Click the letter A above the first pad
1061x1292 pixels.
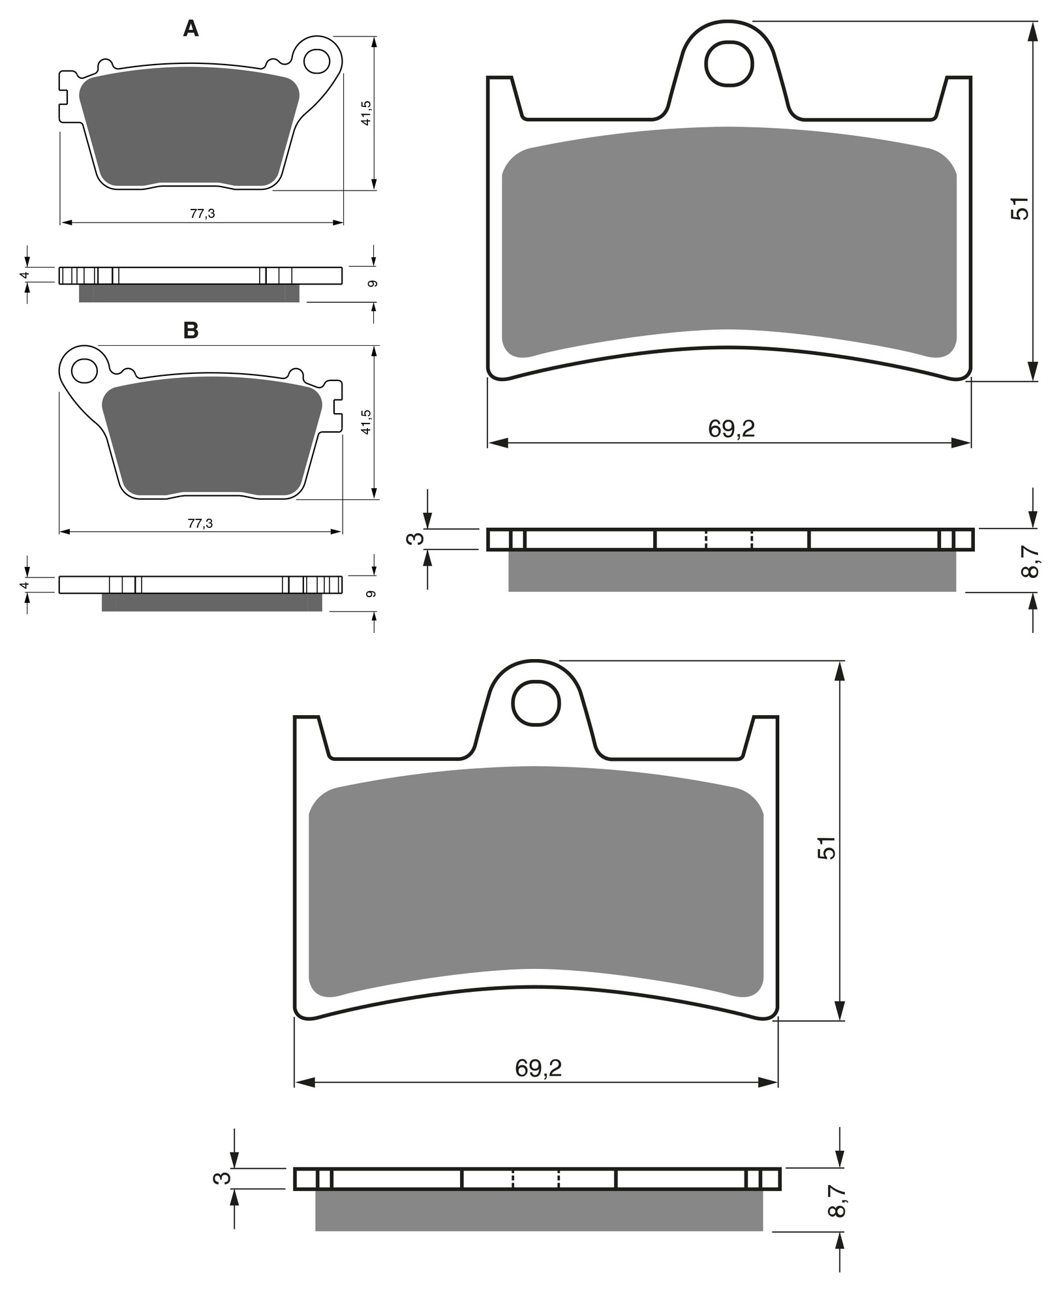[x=191, y=28]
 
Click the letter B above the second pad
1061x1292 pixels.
[x=191, y=330]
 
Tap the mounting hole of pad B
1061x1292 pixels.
[x=84, y=370]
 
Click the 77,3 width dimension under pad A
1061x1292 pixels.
[x=202, y=213]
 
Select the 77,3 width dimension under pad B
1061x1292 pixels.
[x=200, y=523]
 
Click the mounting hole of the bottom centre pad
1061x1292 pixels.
[x=536, y=703]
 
